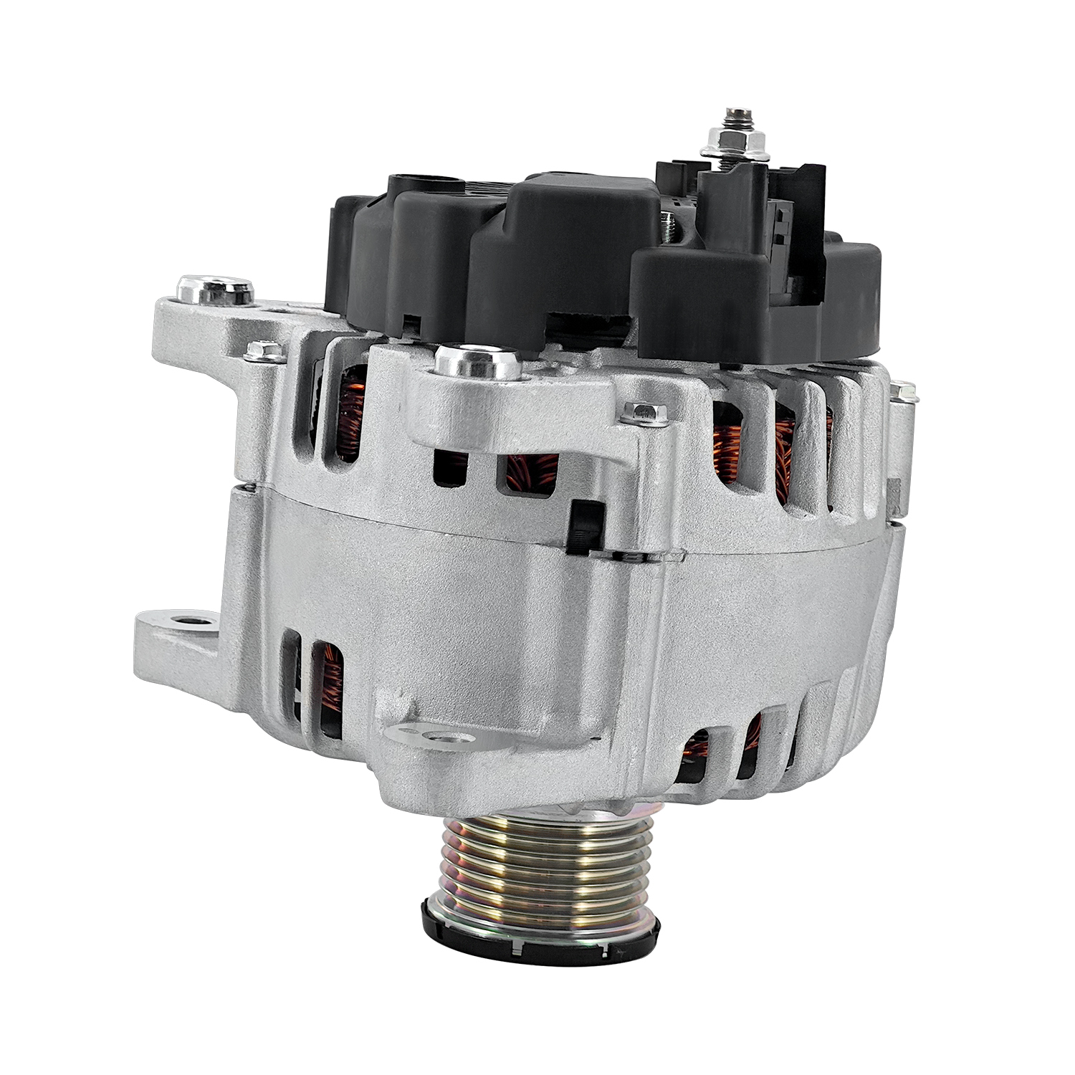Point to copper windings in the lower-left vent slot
click(330, 681)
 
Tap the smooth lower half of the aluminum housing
click(502, 609)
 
